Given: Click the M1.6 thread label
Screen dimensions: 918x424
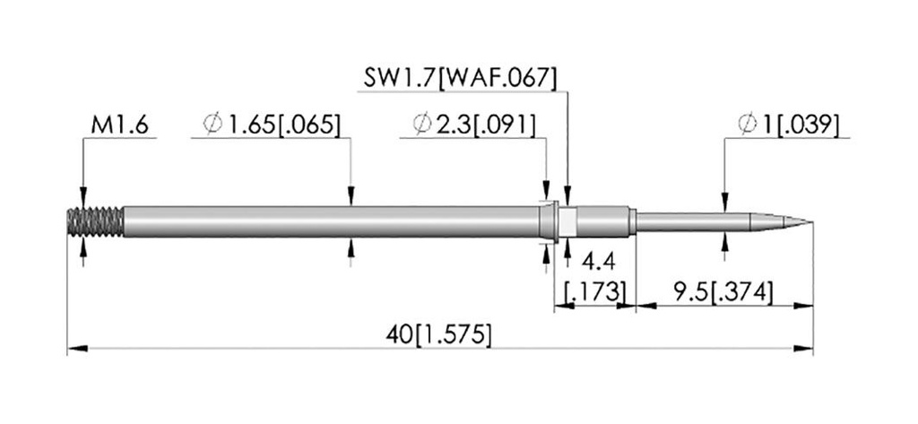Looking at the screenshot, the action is pyautogui.click(x=120, y=125).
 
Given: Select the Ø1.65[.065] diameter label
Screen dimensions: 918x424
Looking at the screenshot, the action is pyautogui.click(x=271, y=125).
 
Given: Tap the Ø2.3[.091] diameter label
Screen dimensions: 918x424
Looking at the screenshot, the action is pyautogui.click(x=473, y=125).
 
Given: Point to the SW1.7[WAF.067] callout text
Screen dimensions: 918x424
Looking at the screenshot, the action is pyautogui.click(x=460, y=78).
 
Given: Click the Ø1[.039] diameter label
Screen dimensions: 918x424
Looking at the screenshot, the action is pyautogui.click(x=788, y=125).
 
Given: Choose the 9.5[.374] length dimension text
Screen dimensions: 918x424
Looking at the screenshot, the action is pyautogui.click(x=722, y=291).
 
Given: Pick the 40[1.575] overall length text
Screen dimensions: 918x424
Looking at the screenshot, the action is pyautogui.click(x=438, y=335).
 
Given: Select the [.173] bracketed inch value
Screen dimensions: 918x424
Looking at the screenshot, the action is pyautogui.click(x=594, y=291).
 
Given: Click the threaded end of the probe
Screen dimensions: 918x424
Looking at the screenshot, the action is pyautogui.click(x=95, y=222).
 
